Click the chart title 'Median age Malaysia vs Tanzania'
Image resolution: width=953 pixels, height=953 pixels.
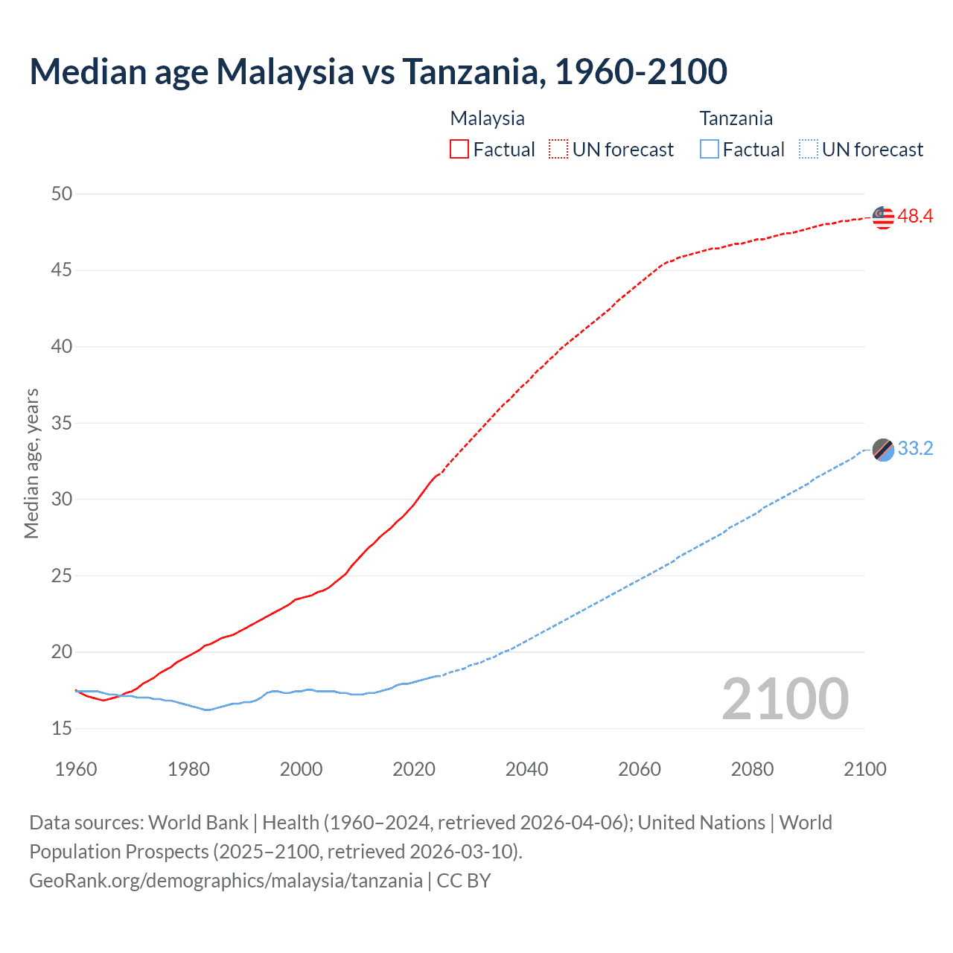coord(378,71)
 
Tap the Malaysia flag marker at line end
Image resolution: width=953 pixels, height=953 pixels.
coord(883,217)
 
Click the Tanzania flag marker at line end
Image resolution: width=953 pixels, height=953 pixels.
coord(883,450)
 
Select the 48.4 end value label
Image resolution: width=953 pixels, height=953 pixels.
coord(915,217)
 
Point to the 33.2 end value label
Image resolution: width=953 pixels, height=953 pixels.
coord(915,449)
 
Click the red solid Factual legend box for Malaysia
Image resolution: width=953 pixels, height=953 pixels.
coord(459,150)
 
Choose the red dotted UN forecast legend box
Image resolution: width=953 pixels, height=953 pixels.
coord(558,150)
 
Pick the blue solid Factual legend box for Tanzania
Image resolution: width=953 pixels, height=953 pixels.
coord(710,150)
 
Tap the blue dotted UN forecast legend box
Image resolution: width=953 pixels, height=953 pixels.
coord(809,150)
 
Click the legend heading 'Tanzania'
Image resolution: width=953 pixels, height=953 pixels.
coord(736,118)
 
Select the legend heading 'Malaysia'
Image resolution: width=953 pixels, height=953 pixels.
coord(487,118)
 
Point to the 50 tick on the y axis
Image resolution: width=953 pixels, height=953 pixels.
coord(62,194)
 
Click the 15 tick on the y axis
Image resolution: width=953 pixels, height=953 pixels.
coord(62,728)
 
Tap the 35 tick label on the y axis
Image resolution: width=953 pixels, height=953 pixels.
coord(62,423)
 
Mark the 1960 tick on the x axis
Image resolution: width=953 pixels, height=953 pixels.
coord(76,769)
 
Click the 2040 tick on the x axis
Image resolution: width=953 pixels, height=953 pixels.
coord(526,769)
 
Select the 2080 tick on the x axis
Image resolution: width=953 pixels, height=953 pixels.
coord(752,769)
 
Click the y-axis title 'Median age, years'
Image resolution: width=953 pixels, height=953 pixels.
coord(31,463)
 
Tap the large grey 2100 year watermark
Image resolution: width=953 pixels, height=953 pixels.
coord(785,699)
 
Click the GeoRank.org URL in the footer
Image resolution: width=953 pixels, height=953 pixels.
coord(226,881)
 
